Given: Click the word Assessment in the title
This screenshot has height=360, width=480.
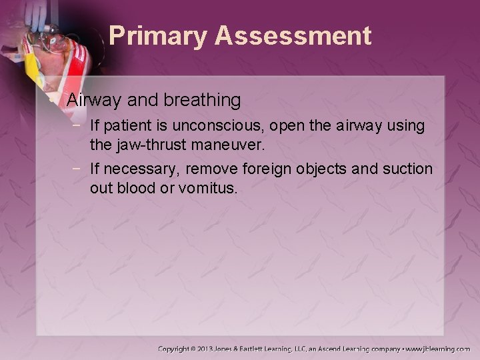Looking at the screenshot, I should click(294, 36).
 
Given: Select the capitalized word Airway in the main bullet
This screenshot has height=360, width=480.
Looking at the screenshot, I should click(93, 101).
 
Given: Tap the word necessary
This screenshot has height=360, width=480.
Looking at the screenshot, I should click(136, 169).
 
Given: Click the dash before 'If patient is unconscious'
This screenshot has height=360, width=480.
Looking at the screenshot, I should click(78, 125).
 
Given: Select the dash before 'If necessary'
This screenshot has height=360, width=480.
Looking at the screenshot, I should click(78, 169).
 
